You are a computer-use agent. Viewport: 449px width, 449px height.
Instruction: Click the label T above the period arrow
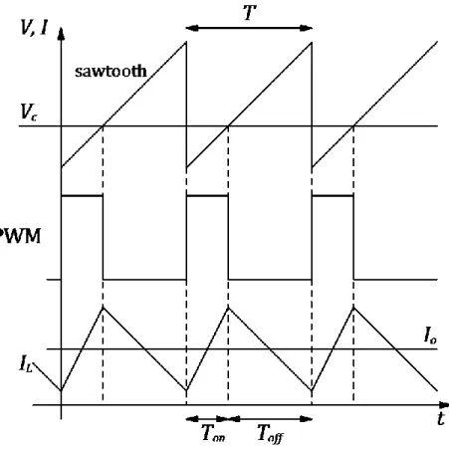pos(250,13)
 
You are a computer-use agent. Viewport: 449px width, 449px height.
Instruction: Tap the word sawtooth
pos(111,71)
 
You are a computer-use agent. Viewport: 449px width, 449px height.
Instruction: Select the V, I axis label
pos(34,28)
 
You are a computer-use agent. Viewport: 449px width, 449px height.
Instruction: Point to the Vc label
pos(29,112)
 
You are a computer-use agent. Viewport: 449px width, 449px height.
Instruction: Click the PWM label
pos(20,236)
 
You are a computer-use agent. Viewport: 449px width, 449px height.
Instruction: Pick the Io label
pos(430,335)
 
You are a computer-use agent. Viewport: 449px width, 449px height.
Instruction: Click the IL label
pos(26,363)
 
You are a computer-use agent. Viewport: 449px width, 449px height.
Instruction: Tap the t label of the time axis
pos(441,418)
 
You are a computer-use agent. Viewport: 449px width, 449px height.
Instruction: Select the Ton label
pos(213,433)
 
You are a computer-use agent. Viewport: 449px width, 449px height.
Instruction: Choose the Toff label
pos(271,433)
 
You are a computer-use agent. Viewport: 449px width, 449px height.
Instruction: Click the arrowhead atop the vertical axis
pos(61,34)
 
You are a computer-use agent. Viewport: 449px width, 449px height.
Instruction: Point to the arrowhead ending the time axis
pos(443,405)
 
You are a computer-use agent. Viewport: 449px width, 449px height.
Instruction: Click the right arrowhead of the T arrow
pos(306,28)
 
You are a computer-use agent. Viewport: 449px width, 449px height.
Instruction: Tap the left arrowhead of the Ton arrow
pos(192,419)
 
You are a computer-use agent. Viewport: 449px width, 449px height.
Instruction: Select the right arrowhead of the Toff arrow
pos(306,419)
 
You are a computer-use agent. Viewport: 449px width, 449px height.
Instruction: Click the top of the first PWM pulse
pos(82,196)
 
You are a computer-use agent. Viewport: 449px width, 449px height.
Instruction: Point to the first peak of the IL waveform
pos(103,308)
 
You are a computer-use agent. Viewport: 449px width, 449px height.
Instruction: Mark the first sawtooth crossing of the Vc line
pos(104,126)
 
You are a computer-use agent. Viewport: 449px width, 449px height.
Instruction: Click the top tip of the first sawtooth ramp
pos(186,42)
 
